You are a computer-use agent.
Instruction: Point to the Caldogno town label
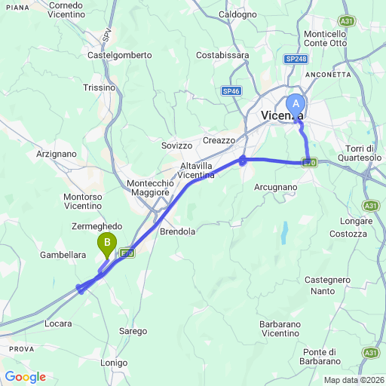pyautogui.click(x=237, y=14)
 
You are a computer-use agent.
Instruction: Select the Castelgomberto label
pyautogui.click(x=120, y=55)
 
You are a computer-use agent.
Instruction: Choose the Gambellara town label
pyautogui.click(x=63, y=255)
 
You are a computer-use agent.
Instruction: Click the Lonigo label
pyautogui.click(x=114, y=363)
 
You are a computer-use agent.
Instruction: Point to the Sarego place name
pyautogui.click(x=133, y=331)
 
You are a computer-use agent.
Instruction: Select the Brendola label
pyautogui.click(x=177, y=232)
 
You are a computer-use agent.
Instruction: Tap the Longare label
pyautogui.click(x=357, y=222)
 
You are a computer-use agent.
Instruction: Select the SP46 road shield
pyautogui.click(x=231, y=90)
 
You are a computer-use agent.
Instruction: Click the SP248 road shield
pyautogui.click(x=296, y=57)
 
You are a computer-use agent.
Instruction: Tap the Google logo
pyautogui.click(x=25, y=377)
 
